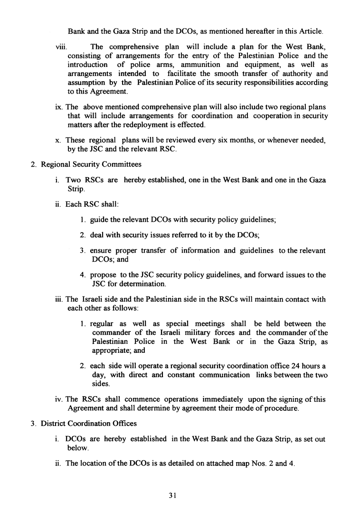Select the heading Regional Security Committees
click(x=91, y=164)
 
